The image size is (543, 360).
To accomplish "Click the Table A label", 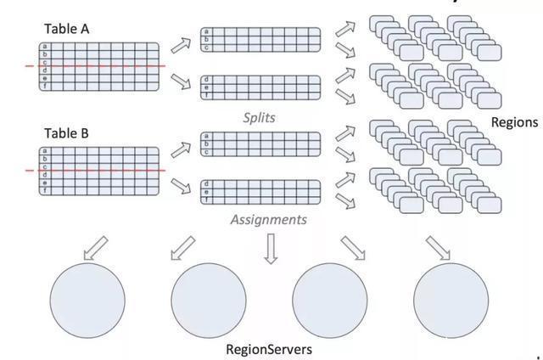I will (x=66, y=30).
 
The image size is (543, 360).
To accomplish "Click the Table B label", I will (x=66, y=134).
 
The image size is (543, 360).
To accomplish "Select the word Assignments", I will (x=268, y=219).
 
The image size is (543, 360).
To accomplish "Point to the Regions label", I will (x=514, y=122).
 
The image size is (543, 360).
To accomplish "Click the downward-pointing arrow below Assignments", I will (x=271, y=249).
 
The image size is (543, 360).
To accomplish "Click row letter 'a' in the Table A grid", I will (x=44, y=47).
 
